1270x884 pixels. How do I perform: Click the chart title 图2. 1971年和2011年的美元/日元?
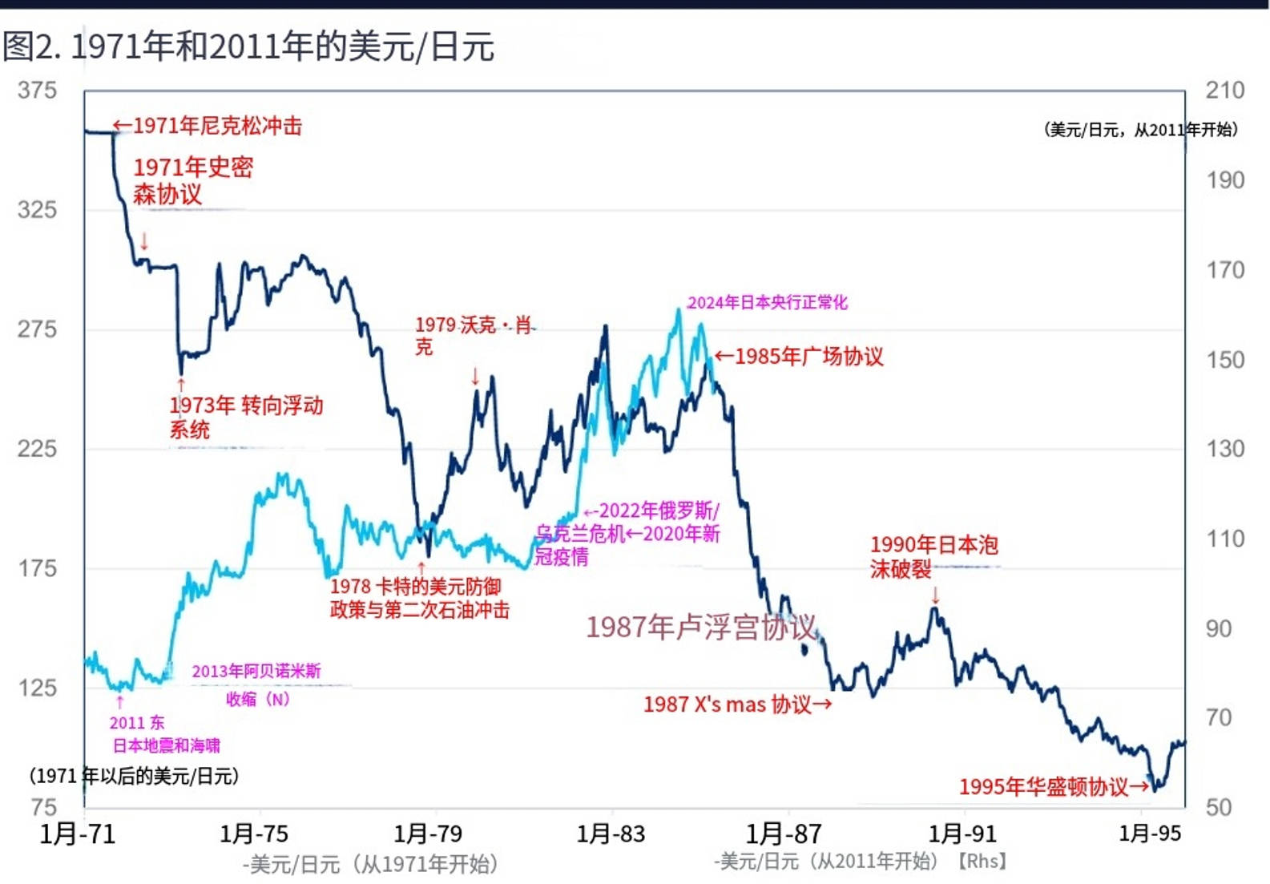tap(248, 46)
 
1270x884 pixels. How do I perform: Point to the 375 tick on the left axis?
tap(38, 91)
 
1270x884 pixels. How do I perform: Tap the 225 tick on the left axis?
tap(38, 449)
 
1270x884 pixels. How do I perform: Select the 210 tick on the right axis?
tap(1224, 91)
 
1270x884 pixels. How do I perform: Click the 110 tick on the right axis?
tap(1224, 539)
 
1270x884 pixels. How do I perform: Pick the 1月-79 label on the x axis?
tap(428, 834)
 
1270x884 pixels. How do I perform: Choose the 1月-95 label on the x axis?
tap(1150, 834)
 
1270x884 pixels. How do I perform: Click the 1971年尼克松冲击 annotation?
tap(208, 126)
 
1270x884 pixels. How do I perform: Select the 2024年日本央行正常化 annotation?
tap(767, 302)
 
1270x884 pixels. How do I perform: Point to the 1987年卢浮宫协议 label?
tap(701, 627)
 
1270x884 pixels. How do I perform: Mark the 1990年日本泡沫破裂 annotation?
tap(933, 556)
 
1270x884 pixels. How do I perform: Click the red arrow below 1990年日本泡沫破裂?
tap(935, 595)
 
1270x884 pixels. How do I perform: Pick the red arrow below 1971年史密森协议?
tap(144, 240)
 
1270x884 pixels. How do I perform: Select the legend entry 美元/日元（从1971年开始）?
tap(370, 864)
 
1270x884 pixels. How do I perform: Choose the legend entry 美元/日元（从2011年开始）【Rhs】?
tap(860, 862)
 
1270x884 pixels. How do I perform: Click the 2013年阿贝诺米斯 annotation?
tap(256, 672)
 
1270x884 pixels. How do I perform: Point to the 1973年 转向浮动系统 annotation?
tap(245, 417)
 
